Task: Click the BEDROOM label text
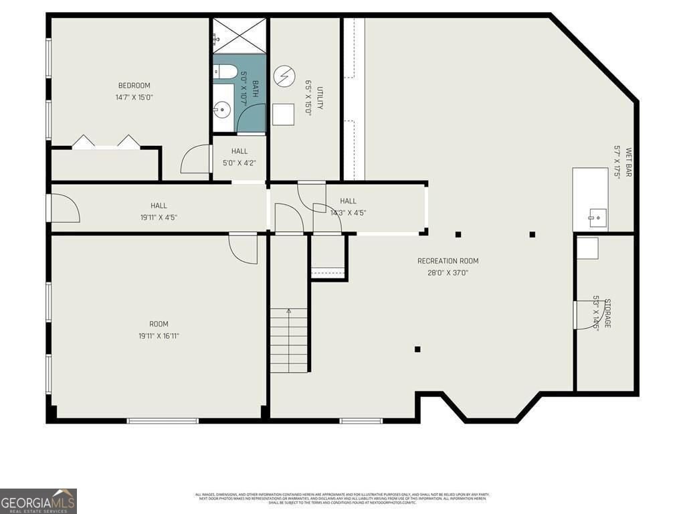click(x=134, y=85)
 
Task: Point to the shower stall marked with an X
click(x=239, y=35)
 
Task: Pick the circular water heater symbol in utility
click(x=284, y=75)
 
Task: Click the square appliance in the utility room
click(x=284, y=114)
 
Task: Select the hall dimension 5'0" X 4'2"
click(x=239, y=163)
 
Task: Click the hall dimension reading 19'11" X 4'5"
click(x=159, y=217)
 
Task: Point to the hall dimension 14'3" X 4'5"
click(x=348, y=213)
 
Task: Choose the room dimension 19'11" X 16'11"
click(x=159, y=336)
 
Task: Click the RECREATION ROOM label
click(x=448, y=261)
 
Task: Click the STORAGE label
click(x=607, y=313)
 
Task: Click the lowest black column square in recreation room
click(x=417, y=349)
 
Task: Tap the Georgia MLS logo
click(x=38, y=501)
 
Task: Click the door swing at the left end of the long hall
click(x=65, y=207)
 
